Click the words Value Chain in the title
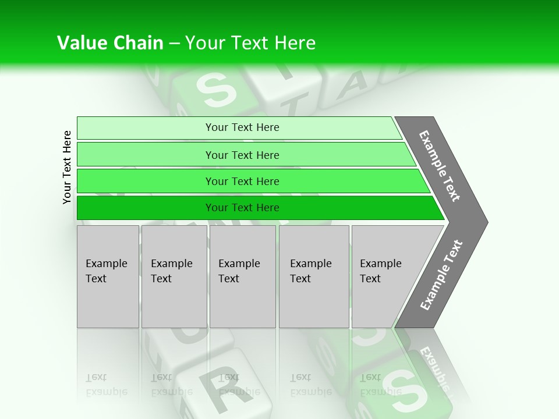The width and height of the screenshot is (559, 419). [x=110, y=43]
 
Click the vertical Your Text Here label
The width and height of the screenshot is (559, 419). [x=67, y=167]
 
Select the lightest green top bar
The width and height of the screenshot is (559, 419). [x=146, y=128]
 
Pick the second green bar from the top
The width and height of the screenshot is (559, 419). [x=146, y=155]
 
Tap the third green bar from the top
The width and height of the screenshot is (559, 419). [x=146, y=181]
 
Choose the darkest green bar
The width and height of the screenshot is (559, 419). [x=146, y=208]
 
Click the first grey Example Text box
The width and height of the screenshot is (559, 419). [x=108, y=276]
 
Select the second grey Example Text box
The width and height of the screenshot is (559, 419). [x=174, y=276]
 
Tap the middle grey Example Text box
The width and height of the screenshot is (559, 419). [x=242, y=276]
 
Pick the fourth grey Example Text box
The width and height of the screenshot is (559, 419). [x=314, y=276]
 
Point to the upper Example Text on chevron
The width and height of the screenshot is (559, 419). [x=440, y=166]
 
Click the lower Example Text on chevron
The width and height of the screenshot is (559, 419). [x=441, y=275]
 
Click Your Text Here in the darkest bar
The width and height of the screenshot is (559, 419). [x=242, y=208]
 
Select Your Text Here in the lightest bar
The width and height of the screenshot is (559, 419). [x=242, y=127]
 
